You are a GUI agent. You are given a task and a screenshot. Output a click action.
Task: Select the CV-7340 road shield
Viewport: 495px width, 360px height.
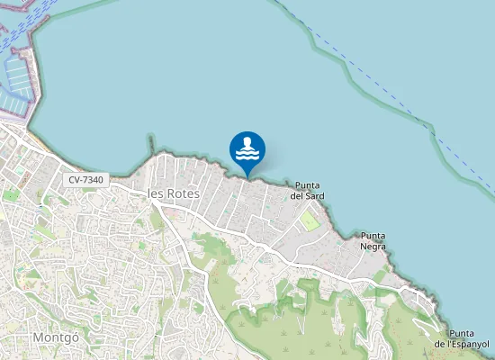click(x=85, y=180)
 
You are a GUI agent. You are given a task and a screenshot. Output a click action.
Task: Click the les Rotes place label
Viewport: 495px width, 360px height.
click(x=173, y=193)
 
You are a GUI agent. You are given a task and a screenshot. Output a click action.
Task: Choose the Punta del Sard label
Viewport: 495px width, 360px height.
click(x=307, y=190)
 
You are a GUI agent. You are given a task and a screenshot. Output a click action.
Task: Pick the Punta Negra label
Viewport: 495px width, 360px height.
click(x=373, y=241)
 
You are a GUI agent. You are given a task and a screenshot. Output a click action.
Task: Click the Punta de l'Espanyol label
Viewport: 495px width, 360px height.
click(x=461, y=338)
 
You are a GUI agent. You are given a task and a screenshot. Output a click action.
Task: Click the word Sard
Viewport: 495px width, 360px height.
click(x=314, y=195)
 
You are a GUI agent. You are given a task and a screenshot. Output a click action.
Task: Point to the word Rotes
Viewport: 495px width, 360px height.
click(x=183, y=193)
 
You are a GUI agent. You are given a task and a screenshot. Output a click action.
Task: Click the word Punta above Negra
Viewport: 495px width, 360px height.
click(x=373, y=236)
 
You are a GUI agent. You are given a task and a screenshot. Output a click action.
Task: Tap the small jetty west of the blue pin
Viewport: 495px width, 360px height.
click(x=151, y=144)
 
